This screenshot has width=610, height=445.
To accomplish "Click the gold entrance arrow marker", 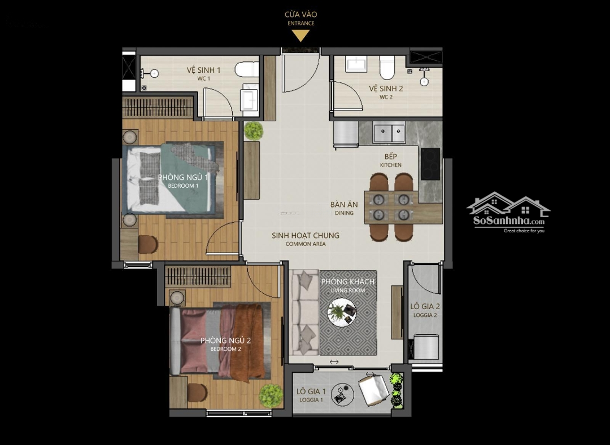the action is pyautogui.click(x=300, y=36).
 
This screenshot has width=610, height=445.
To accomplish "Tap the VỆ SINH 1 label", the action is pyautogui.click(x=203, y=70).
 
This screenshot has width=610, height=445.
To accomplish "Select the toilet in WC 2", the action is pyautogui.click(x=387, y=67).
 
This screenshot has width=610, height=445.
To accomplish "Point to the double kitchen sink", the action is pyautogui.click(x=389, y=133).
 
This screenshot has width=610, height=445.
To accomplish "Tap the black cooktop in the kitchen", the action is pyautogui.click(x=430, y=164).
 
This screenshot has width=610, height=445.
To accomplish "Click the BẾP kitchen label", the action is pyautogui.click(x=391, y=156).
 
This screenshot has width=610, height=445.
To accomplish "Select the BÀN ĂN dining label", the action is pyautogui.click(x=345, y=204).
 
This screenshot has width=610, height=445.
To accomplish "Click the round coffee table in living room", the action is pyautogui.click(x=342, y=312).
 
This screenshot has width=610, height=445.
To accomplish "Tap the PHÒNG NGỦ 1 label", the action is pyautogui.click(x=183, y=177).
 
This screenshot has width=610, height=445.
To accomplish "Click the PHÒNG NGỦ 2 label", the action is pyautogui.click(x=225, y=341).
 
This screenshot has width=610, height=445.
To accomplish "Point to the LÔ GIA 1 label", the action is pyautogui.click(x=311, y=391).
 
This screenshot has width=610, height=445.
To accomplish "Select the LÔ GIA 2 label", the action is pyautogui.click(x=425, y=306).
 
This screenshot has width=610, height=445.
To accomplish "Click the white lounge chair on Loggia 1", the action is pyautogui.click(x=373, y=389).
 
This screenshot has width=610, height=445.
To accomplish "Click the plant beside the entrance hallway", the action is pyautogui.click(x=254, y=131).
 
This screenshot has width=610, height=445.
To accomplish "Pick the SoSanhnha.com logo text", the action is pyautogui.click(x=509, y=221).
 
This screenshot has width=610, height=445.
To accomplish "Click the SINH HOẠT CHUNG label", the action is pyautogui.click(x=306, y=235).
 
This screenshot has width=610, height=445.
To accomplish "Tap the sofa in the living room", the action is pyautogui.click(x=304, y=312).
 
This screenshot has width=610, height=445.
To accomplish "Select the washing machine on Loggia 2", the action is pyautogui.click(x=426, y=347).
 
